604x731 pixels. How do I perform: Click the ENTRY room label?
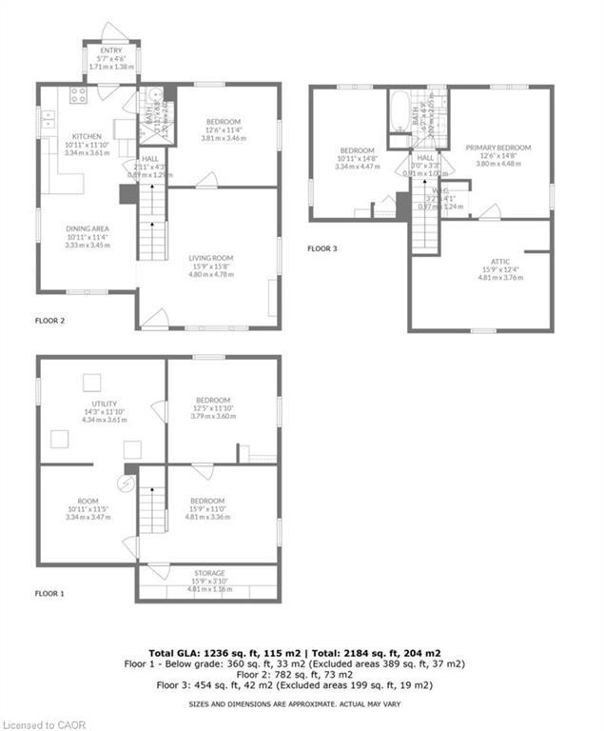click(x=111, y=49)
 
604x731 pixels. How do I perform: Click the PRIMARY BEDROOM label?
click(x=498, y=148)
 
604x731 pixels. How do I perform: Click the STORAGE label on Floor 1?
click(x=207, y=573)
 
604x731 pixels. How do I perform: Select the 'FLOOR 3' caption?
click(x=322, y=249)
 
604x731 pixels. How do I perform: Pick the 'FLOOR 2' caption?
click(x=49, y=321)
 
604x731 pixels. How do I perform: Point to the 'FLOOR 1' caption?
click(x=49, y=593)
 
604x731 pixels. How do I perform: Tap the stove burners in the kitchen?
click(x=78, y=94)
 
